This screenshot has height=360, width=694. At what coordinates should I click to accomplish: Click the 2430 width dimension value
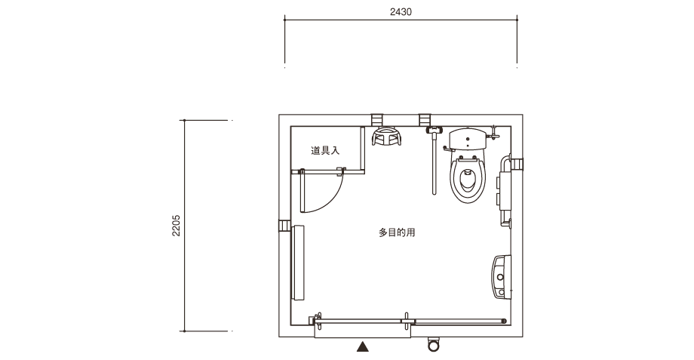point(401,12)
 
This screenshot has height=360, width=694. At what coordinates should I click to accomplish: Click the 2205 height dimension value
point(177,226)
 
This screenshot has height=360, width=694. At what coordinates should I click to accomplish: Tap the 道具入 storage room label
point(325,150)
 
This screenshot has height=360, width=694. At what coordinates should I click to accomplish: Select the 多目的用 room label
point(397,232)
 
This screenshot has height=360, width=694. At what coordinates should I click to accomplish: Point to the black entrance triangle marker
point(363,346)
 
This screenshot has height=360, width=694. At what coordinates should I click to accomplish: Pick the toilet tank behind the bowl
point(468,139)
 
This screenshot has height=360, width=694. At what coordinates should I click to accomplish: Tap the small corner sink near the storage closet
point(386,137)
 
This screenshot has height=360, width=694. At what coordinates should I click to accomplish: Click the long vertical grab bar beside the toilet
point(435,165)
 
